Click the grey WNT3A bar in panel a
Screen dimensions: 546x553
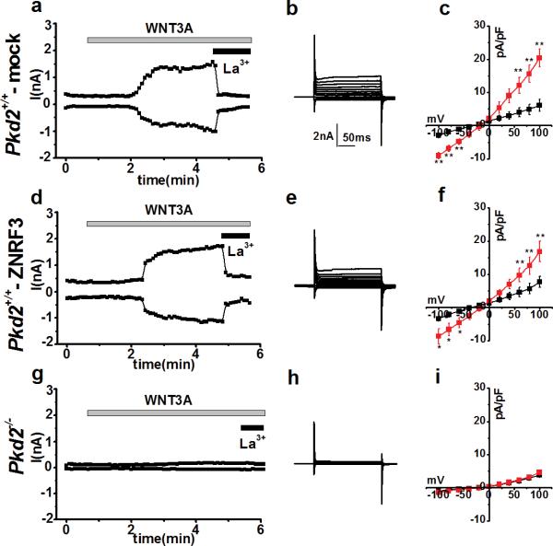[168, 40]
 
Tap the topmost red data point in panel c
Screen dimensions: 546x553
[539, 58]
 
